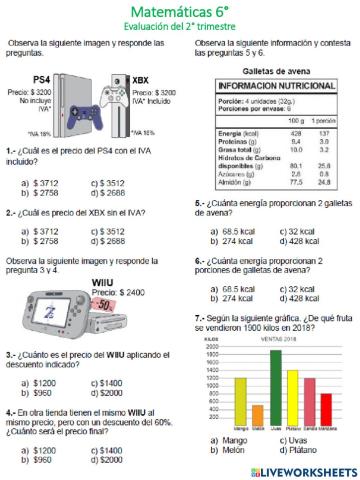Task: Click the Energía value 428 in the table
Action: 296,132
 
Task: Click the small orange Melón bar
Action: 258,413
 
